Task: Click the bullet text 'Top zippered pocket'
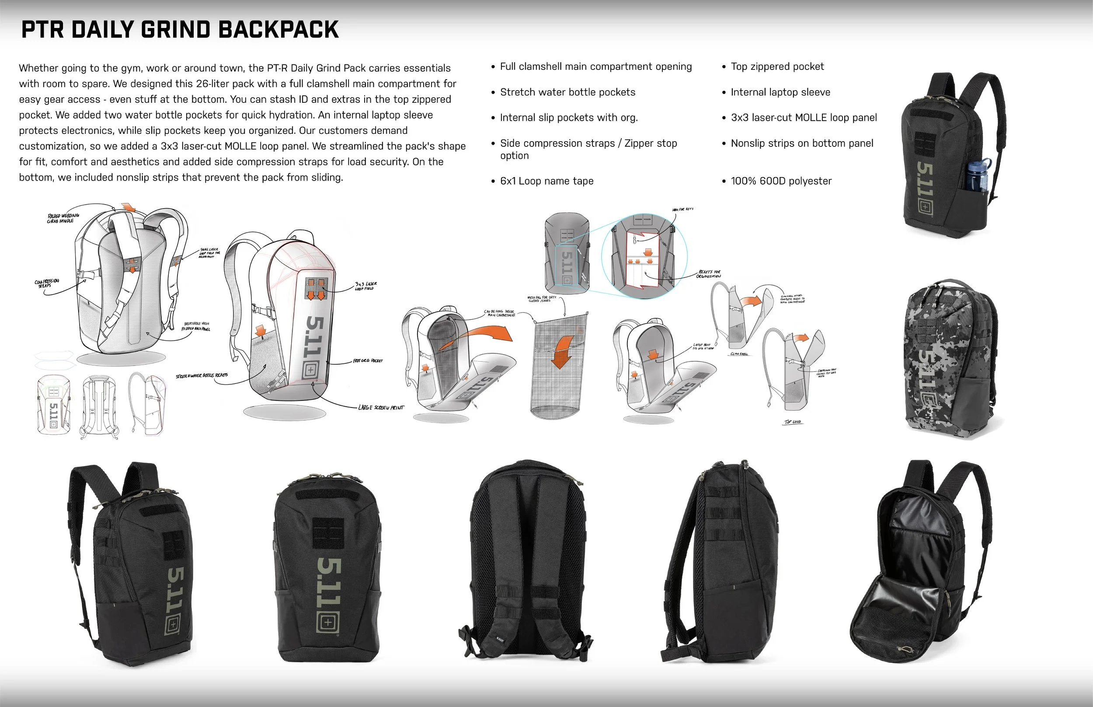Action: tap(777, 66)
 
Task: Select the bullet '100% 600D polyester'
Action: tap(781, 181)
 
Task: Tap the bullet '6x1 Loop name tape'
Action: tap(546, 181)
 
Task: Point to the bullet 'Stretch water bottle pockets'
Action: tap(567, 92)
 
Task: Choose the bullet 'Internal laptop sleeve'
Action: tap(780, 92)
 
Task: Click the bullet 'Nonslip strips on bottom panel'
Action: tap(801, 143)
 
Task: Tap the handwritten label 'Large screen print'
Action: tap(381, 407)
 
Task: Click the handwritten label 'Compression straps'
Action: tap(47, 283)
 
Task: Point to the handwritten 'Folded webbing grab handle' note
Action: tap(63, 218)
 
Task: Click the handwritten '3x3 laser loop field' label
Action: tap(365, 286)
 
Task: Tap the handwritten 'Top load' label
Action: tap(793, 421)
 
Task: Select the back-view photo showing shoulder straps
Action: tap(526, 560)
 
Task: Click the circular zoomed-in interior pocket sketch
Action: tap(644, 256)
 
